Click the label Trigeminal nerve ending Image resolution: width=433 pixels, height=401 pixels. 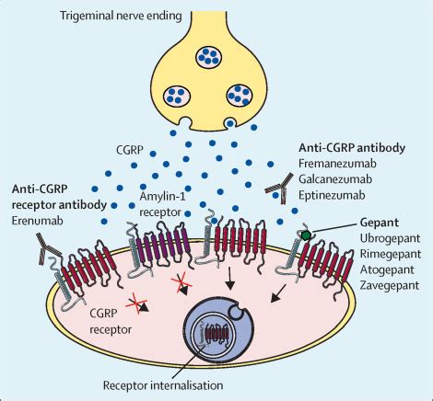click(121, 16)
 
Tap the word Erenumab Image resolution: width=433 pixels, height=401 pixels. click(38, 221)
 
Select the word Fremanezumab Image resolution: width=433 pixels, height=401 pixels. click(337, 164)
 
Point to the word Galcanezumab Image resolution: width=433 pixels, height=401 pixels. click(335, 179)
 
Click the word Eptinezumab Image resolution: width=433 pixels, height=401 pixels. click(332, 195)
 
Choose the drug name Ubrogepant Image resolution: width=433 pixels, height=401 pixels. click(390, 238)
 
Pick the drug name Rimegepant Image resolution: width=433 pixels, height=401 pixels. click(391, 254)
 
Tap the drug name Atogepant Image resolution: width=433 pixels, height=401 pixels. click(387, 269)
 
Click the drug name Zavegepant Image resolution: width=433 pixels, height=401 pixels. click(390, 285)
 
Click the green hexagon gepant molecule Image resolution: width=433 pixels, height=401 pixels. click(306, 235)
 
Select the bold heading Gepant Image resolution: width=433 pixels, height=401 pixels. click(380, 223)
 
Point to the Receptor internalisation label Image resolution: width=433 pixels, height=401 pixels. click(163, 385)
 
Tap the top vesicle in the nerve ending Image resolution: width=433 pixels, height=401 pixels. click(208, 57)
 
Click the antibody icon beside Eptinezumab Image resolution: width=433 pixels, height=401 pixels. click(279, 188)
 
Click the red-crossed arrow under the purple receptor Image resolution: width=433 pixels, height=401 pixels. click(181, 284)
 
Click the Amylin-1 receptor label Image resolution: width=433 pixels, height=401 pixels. click(163, 204)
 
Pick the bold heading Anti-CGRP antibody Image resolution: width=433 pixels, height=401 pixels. click(352, 148)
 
